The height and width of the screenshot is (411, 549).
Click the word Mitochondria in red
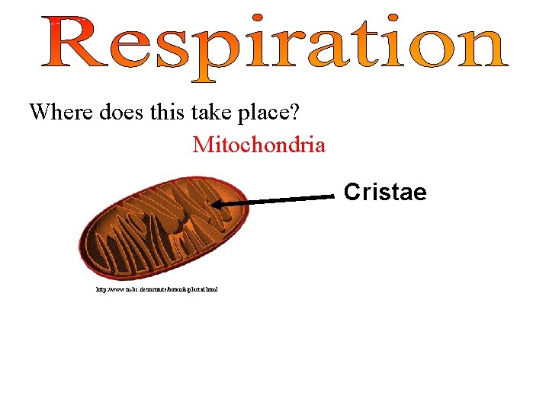click(x=259, y=144)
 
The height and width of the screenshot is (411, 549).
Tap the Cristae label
click(x=385, y=192)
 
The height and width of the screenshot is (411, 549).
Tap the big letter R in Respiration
click(x=73, y=43)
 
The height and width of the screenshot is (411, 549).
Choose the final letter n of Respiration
click(x=480, y=48)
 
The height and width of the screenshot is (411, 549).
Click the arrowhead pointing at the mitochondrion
click(x=218, y=204)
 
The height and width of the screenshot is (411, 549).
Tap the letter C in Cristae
click(x=352, y=192)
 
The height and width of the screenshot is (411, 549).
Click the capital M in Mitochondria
click(x=203, y=144)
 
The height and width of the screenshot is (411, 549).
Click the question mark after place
click(x=294, y=113)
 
